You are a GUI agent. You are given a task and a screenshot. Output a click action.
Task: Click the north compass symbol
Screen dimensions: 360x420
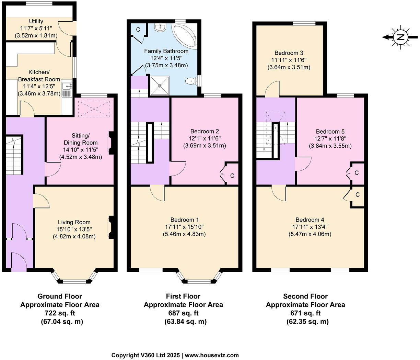[x=400, y=37]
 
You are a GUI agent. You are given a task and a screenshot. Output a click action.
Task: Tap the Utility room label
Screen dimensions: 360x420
[x=36, y=21]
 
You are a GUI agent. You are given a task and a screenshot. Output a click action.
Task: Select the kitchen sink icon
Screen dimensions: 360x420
[x=66, y=89]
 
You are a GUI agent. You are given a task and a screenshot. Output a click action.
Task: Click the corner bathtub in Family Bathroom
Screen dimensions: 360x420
[x=185, y=36]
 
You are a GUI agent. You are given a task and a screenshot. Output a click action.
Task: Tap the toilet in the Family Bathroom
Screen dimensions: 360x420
[x=191, y=81]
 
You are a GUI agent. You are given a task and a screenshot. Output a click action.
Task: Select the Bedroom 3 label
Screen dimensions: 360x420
[x=289, y=53]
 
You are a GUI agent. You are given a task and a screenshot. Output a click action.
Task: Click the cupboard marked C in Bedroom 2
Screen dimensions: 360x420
[x=232, y=176]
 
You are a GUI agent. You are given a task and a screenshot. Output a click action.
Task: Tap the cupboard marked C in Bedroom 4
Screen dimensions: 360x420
[x=357, y=195]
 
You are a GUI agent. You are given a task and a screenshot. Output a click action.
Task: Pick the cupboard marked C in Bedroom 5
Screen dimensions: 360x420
[x=357, y=172]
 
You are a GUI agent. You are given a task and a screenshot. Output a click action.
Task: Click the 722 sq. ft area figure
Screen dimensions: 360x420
[x=60, y=313]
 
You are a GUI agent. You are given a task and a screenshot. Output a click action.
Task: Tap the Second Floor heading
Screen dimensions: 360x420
[x=305, y=296]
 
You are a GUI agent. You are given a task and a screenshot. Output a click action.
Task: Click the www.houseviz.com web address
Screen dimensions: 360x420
[x=212, y=355]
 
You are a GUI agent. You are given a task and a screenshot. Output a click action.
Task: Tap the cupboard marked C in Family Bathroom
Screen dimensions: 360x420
[x=138, y=30]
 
